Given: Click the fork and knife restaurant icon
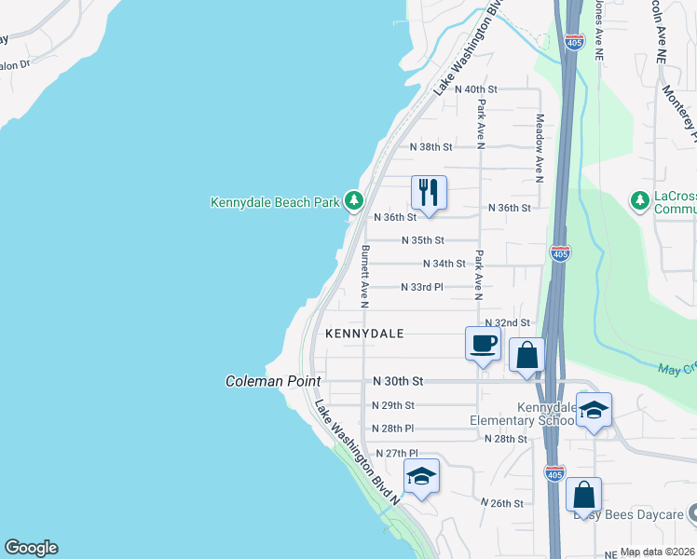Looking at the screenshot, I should pyautogui.click(x=429, y=193).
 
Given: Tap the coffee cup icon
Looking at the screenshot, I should pyautogui.click(x=483, y=343).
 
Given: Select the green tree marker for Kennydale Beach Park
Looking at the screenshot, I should pyautogui.click(x=353, y=200).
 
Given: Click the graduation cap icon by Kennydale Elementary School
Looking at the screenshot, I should pyautogui.click(x=594, y=410).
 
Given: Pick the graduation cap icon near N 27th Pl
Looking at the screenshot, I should pyautogui.click(x=421, y=476).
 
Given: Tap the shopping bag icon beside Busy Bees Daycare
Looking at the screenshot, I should pyautogui.click(x=583, y=494).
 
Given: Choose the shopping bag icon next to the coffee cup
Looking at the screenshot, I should pyautogui.click(x=526, y=355).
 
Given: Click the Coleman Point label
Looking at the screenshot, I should pyautogui.click(x=273, y=382).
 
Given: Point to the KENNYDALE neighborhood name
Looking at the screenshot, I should pyautogui.click(x=364, y=333).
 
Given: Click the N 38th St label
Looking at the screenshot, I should pyautogui.click(x=431, y=147).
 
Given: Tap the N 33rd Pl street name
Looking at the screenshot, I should pyautogui.click(x=422, y=287).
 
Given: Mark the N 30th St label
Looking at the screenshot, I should pyautogui.click(x=398, y=381).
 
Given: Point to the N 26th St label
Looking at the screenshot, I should pyautogui.click(x=502, y=503).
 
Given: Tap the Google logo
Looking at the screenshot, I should pyautogui.click(x=31, y=548).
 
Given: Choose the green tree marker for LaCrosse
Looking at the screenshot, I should pyautogui.click(x=639, y=201).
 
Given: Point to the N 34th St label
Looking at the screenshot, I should pyautogui.click(x=444, y=264).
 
